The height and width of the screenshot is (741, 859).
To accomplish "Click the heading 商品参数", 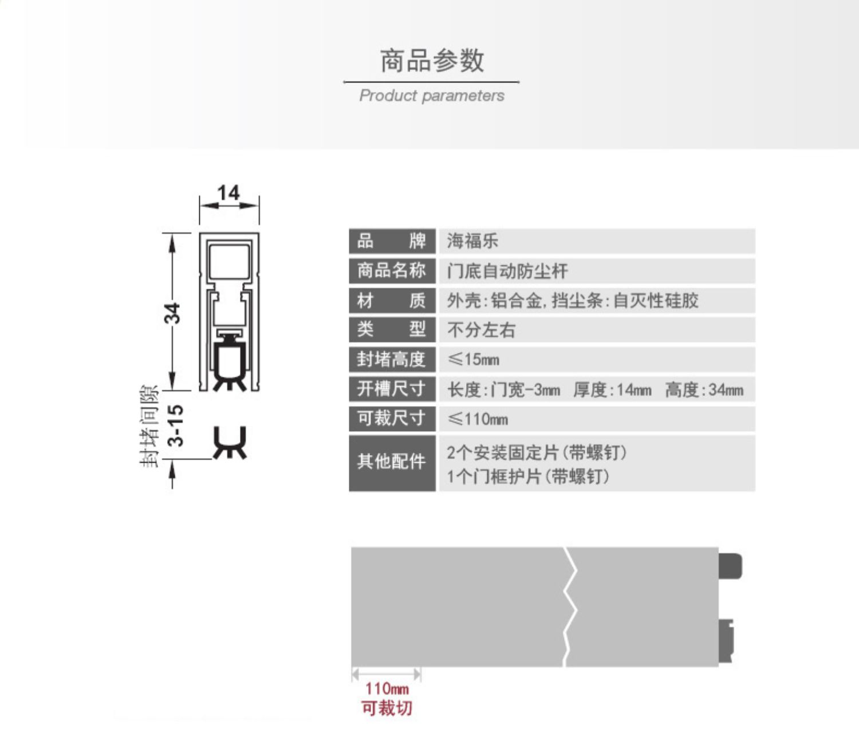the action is [x=432, y=61].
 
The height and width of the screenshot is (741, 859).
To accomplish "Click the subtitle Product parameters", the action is [x=432, y=96].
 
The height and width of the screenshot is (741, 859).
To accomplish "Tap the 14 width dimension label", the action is [x=228, y=193].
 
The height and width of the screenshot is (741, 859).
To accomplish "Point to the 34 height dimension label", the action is [x=172, y=313].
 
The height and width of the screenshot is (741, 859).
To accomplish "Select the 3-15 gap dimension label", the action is [x=176, y=425].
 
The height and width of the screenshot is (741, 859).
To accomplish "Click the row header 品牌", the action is [x=392, y=241].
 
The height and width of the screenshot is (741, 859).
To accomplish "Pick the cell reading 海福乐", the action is [x=472, y=241].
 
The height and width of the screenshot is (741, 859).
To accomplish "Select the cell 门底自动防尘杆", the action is [x=507, y=271].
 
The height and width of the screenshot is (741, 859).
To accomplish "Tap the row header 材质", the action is [x=392, y=301].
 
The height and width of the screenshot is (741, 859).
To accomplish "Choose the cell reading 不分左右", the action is [x=481, y=330].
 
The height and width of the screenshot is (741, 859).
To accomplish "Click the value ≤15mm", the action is [x=474, y=360].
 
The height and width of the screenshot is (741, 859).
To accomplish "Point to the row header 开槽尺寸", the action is [x=392, y=389].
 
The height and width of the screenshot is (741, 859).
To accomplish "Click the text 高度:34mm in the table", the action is [x=704, y=390].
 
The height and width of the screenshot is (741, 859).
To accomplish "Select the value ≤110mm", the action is [x=478, y=419].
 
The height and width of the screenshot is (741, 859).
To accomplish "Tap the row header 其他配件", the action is [x=392, y=462].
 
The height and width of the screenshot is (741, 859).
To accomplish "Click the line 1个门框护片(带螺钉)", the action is [x=527, y=476].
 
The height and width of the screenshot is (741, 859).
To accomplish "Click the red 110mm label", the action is [x=387, y=688].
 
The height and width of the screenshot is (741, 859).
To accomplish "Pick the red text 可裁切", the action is [x=387, y=708].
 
